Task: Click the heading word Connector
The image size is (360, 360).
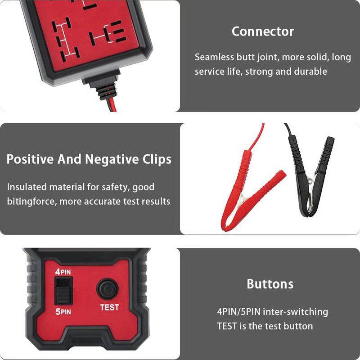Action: click(x=263, y=31)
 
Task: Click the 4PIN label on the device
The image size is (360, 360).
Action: click(x=63, y=272)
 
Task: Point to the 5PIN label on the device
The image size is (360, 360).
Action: click(x=63, y=311)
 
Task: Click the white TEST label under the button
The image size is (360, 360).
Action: click(x=109, y=307)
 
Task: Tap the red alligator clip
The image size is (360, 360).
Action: click(x=252, y=189)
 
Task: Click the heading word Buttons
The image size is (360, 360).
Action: click(x=270, y=284)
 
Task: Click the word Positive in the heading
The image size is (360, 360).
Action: click(x=32, y=159)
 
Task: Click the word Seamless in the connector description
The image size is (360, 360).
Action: click(x=214, y=57)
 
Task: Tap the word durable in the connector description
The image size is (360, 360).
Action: click(x=310, y=72)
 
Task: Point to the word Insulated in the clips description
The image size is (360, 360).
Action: click(x=29, y=187)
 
